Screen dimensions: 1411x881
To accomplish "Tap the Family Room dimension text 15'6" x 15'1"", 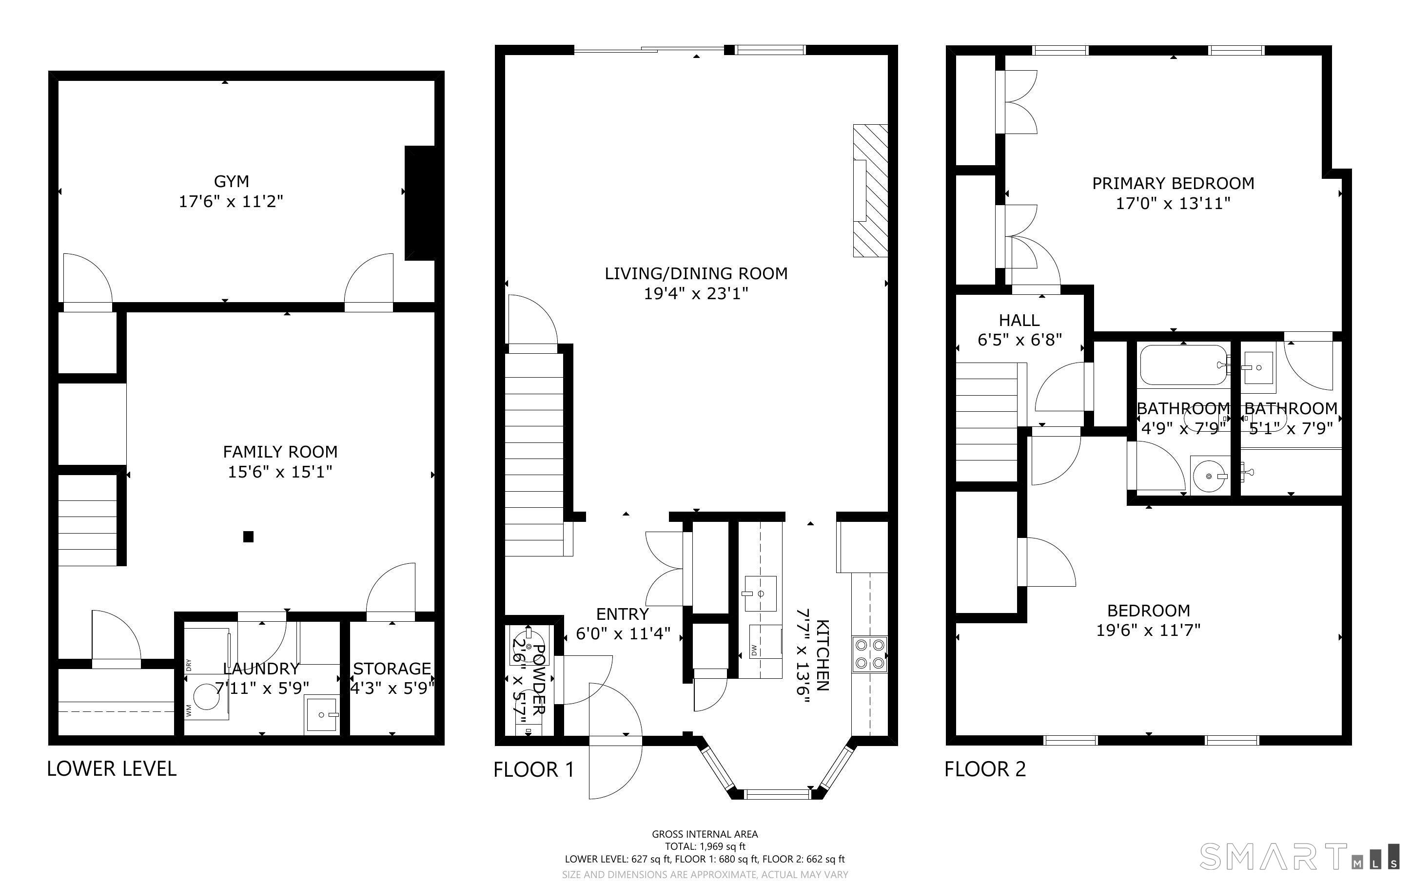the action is pyautogui.click(x=280, y=471).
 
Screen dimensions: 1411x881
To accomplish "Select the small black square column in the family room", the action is pyautogui.click(x=248, y=536).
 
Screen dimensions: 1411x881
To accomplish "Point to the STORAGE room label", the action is pyautogui.click(x=392, y=669).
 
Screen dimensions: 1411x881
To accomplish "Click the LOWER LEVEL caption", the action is pyautogui.click(x=111, y=768).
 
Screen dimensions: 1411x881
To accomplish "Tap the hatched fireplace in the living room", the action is pyautogui.click(x=870, y=191).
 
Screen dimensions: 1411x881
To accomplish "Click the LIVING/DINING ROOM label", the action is pyautogui.click(x=696, y=273).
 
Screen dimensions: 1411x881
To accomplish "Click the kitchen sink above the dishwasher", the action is pyautogui.click(x=760, y=593).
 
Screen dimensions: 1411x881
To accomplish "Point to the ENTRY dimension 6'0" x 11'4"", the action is pyautogui.click(x=623, y=633).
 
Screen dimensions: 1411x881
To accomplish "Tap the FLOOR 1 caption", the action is pyautogui.click(x=534, y=770).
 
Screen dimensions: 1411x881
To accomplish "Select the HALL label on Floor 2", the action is pyautogui.click(x=1019, y=320).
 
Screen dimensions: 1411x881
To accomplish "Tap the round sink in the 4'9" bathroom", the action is pyautogui.click(x=1208, y=476).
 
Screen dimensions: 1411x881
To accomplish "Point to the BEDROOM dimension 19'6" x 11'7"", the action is pyautogui.click(x=1149, y=631).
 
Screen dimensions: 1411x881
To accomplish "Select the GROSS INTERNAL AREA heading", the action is pyautogui.click(x=705, y=834).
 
